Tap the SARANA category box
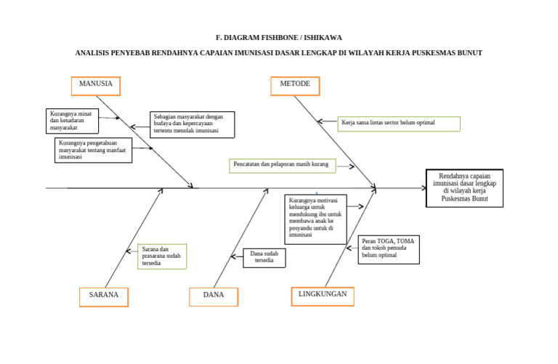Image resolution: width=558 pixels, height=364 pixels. point(104,296)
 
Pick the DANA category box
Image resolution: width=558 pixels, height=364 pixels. point(214,296)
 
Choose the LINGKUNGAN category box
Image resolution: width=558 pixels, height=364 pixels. point(323,295)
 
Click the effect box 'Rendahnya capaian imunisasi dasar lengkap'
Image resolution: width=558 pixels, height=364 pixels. point(464,188)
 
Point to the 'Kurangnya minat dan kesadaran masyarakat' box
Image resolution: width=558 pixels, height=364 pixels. point(71,121)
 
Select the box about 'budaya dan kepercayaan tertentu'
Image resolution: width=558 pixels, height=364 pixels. point(193,124)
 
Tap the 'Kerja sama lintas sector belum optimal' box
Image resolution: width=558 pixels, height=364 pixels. point(399,124)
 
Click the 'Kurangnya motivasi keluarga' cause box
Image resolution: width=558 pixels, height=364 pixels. point(315,219)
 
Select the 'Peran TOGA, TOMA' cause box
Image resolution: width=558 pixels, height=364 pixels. point(389,249)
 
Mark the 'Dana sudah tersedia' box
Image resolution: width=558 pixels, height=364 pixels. point(264,258)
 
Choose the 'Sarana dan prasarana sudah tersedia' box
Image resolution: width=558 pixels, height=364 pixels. point(162,256)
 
